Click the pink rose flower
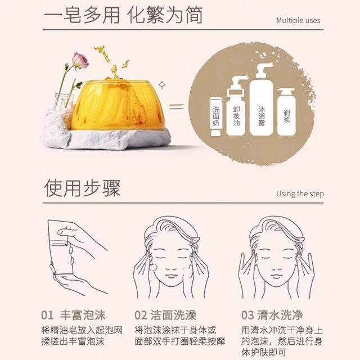pos(80,60)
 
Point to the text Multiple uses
pos(298,21)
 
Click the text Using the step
pos(300,194)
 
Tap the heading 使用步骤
pos(82,188)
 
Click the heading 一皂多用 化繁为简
pos(122,15)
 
